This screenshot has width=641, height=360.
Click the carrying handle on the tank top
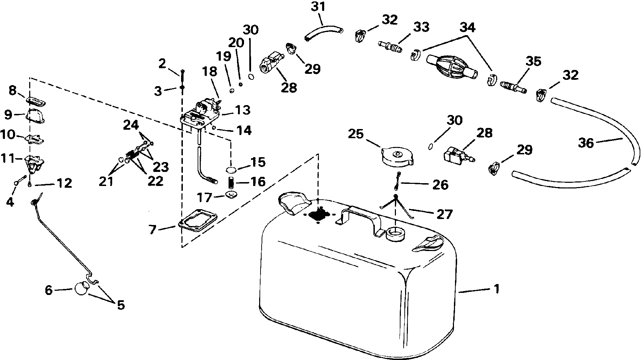(x=359, y=220)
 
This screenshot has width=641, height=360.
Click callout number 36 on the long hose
(x=586, y=143)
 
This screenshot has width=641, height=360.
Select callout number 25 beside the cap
(x=356, y=134)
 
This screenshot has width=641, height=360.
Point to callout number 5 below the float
(x=121, y=305)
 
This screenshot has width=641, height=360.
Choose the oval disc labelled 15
(x=231, y=170)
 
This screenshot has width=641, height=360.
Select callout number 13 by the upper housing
(x=243, y=110)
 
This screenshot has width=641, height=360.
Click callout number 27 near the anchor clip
(x=444, y=214)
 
